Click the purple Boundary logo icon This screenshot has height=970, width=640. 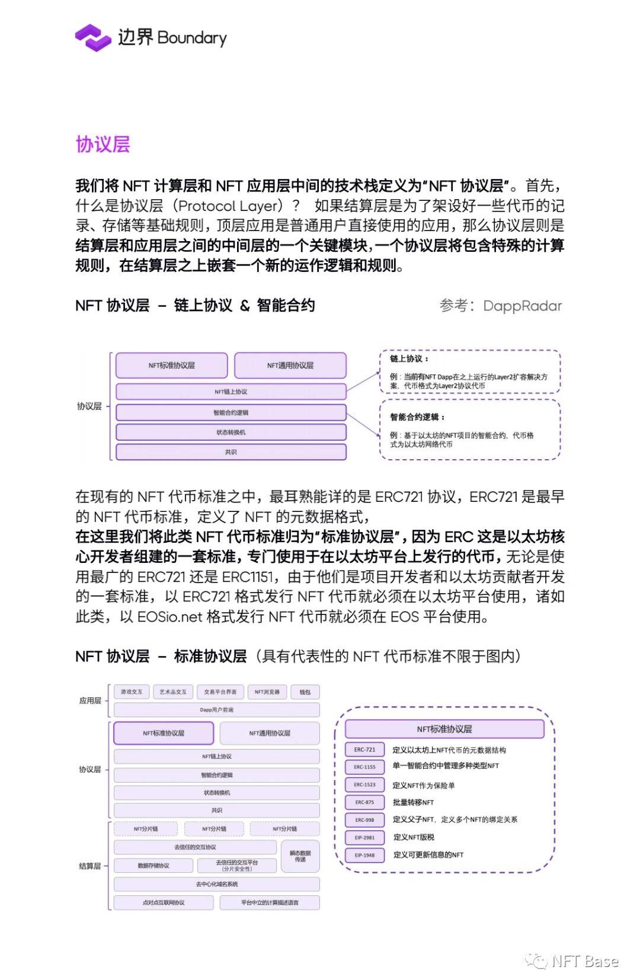[x=93, y=38]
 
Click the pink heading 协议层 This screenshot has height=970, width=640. [x=103, y=144]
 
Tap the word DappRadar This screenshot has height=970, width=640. [x=522, y=306]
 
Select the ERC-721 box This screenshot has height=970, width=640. [x=364, y=750]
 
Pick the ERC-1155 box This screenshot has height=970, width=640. [x=364, y=767]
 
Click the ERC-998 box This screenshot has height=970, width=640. [x=364, y=819]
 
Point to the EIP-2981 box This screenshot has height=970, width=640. [x=364, y=837]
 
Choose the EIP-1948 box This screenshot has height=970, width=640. [x=364, y=855]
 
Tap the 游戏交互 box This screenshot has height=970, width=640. [x=131, y=692]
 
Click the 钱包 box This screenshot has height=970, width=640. [x=305, y=692]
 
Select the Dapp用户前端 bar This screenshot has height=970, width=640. [x=216, y=709]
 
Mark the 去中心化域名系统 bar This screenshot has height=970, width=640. [x=216, y=884]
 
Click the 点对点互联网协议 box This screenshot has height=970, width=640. [x=163, y=902]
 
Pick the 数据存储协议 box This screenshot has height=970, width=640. [x=153, y=866]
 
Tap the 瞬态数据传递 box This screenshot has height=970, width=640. [x=300, y=856]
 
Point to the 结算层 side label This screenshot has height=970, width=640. [x=89, y=866]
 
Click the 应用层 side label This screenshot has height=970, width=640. [x=89, y=700]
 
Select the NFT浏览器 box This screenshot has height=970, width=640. [x=267, y=692]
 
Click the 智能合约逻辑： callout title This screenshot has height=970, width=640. [x=417, y=417]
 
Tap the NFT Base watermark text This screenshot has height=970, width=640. [x=584, y=961]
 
